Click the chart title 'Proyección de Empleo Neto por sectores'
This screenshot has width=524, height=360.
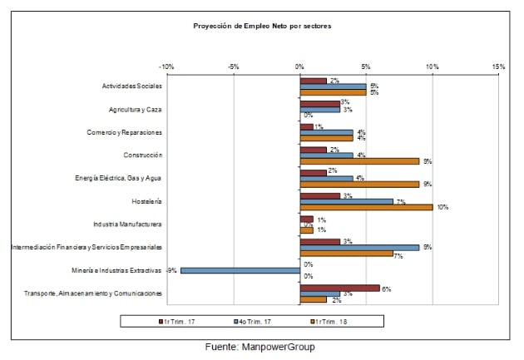(x=262, y=26)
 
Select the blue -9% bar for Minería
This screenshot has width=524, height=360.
(x=240, y=270)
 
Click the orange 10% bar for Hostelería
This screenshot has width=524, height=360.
(x=366, y=207)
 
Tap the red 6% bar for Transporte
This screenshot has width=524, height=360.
(x=339, y=288)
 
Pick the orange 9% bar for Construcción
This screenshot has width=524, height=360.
(x=359, y=161)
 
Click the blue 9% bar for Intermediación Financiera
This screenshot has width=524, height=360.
(x=359, y=247)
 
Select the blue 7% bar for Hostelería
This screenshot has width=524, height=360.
(x=346, y=200)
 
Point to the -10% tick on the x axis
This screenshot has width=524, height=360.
(x=166, y=66)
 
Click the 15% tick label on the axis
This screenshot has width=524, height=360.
(x=498, y=66)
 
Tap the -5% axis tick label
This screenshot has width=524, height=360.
(x=233, y=66)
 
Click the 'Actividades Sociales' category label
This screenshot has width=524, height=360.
(x=131, y=86)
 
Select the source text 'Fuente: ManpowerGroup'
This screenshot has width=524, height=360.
(x=262, y=347)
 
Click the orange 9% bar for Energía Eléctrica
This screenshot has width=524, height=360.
(x=359, y=184)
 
